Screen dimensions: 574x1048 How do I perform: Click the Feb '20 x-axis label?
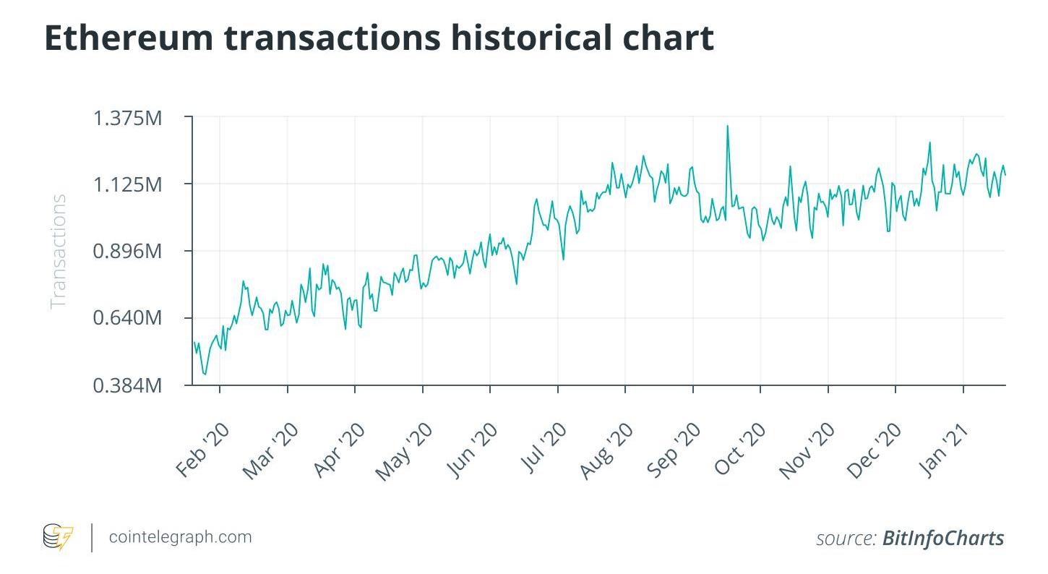[x=203, y=450]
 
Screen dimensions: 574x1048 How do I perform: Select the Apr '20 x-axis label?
[x=338, y=450]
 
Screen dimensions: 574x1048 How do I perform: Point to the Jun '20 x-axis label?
[x=473, y=450]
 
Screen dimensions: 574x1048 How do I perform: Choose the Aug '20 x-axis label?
[x=607, y=450]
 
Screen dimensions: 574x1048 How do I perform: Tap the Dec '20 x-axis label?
[x=875, y=450]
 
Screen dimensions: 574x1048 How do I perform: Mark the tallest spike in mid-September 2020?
[x=727, y=127]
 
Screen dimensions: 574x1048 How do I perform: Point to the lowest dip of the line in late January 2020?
[x=205, y=374]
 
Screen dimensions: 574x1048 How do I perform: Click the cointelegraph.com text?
[x=180, y=537]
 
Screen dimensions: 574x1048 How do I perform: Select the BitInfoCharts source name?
[x=943, y=539]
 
